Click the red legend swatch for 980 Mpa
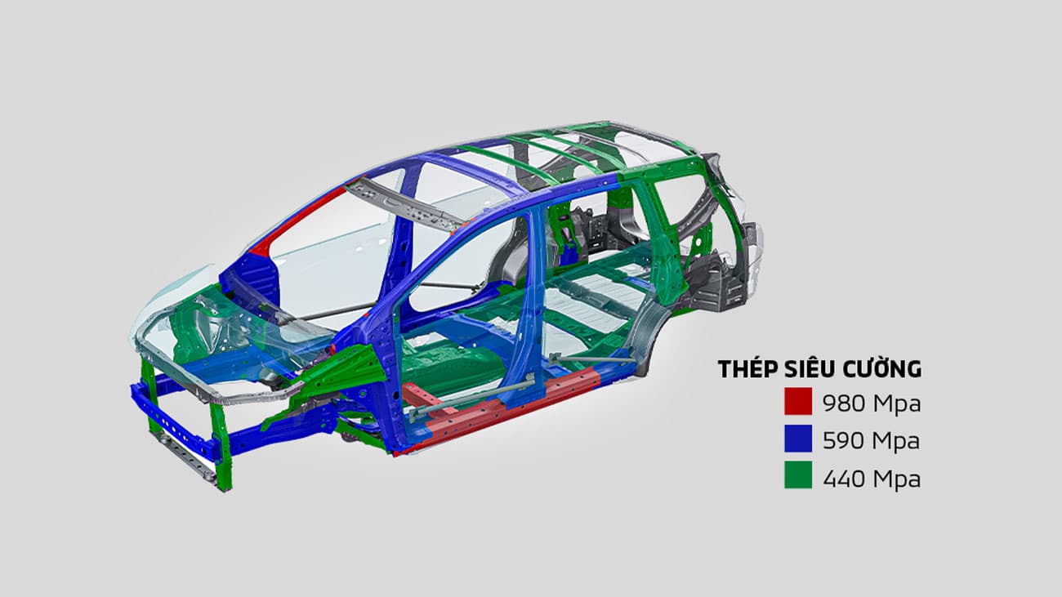tap(797, 403)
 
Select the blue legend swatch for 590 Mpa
tap(797, 440)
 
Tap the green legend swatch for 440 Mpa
tap(797, 477)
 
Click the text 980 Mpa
tap(871, 403)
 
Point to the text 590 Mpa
tap(871, 441)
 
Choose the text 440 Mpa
tap(871, 478)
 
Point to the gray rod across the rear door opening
tap(592, 359)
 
